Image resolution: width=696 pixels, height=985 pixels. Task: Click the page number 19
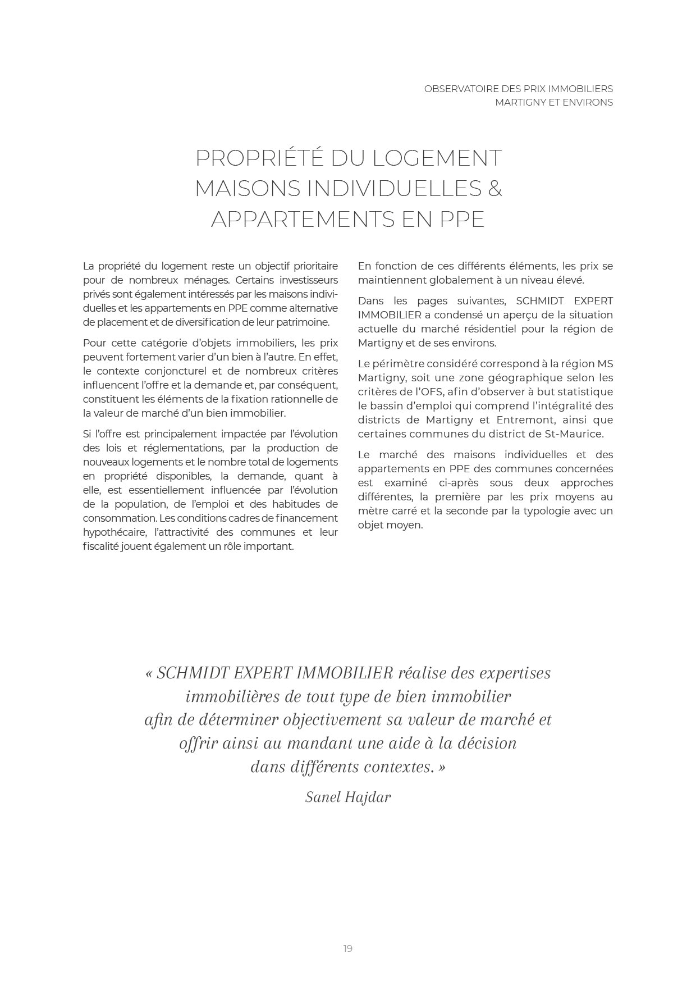pyautogui.click(x=347, y=948)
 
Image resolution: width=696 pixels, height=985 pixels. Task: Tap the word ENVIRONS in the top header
pyautogui.click(x=586, y=102)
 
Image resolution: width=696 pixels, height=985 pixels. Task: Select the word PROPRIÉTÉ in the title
pyautogui.click(x=259, y=158)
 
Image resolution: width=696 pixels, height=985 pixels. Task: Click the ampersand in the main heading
pyautogui.click(x=494, y=188)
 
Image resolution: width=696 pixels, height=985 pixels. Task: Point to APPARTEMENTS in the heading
pyautogui.click(x=303, y=219)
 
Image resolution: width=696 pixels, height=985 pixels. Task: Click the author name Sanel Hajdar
pyautogui.click(x=348, y=797)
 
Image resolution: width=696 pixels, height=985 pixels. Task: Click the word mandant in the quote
pyautogui.click(x=320, y=744)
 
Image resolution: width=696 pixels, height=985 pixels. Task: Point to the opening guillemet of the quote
pyautogui.click(x=149, y=673)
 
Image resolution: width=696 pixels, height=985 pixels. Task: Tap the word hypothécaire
pyautogui.click(x=111, y=532)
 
